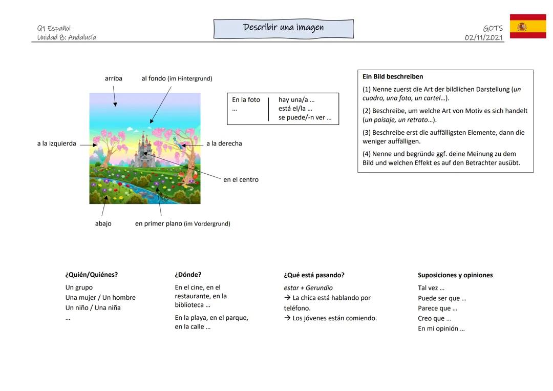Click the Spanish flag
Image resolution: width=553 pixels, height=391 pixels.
click(527, 26)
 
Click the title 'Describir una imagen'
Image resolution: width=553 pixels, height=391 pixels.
click(283, 28)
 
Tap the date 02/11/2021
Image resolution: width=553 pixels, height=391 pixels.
click(484, 37)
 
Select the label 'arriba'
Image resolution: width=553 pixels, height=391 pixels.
click(113, 78)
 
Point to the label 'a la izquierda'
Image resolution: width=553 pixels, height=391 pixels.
click(56, 143)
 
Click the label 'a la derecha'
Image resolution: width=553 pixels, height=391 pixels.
click(224, 143)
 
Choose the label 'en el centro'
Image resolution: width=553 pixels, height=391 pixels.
click(241, 180)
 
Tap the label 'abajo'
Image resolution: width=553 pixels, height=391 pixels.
click(103, 224)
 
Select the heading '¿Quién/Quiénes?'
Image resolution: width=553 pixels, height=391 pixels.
click(91, 275)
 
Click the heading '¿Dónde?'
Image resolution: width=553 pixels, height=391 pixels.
click(188, 275)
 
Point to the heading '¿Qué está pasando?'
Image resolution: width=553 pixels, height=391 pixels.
click(314, 275)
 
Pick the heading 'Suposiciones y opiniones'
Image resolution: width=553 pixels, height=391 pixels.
click(455, 275)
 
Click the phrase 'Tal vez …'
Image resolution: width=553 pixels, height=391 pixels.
click(431, 288)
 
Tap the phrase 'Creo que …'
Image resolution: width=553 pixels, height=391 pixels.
click(434, 319)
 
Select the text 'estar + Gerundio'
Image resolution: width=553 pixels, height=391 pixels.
click(308, 288)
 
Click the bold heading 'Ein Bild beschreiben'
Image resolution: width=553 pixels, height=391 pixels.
click(393, 76)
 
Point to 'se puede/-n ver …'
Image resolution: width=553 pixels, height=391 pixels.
click(305, 118)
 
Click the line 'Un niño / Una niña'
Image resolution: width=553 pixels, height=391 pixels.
click(93, 308)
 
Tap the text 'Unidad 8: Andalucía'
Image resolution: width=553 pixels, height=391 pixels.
click(67, 37)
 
